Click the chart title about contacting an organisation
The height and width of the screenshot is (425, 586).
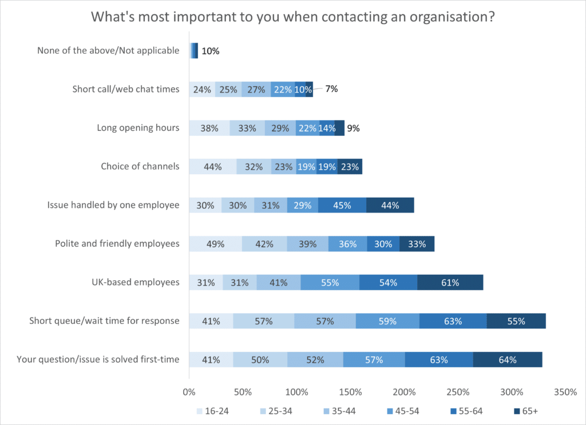click(x=293, y=17)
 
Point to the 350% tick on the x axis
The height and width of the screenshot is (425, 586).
click(x=566, y=392)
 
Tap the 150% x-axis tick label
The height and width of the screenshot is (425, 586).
click(x=350, y=392)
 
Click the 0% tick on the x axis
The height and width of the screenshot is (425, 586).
click(x=189, y=392)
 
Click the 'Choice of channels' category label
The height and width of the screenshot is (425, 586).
click(x=140, y=167)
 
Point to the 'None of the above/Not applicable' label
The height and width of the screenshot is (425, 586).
click(x=108, y=51)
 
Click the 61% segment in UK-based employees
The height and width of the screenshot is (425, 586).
click(x=450, y=282)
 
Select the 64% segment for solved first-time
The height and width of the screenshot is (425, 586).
click(x=507, y=359)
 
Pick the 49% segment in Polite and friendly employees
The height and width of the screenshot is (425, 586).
click(x=215, y=244)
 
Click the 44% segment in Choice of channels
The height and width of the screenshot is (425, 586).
click(x=212, y=167)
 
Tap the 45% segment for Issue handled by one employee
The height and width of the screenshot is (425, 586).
click(x=342, y=205)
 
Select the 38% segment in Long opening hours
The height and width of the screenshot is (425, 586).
click(x=209, y=128)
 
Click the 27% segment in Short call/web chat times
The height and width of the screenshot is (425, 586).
click(x=256, y=90)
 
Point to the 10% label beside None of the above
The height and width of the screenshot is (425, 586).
click(x=211, y=51)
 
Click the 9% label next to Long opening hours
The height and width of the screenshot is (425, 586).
click(x=353, y=128)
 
